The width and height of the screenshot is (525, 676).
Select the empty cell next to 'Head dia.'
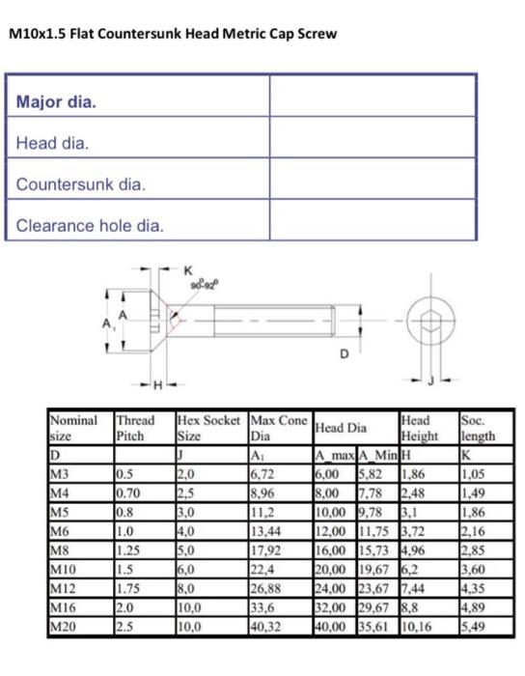[x=372, y=143]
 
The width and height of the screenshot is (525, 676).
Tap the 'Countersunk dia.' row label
[x=80, y=183]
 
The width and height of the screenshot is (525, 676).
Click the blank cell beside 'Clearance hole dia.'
[x=372, y=225]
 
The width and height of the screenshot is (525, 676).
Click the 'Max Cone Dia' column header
[x=277, y=428]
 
